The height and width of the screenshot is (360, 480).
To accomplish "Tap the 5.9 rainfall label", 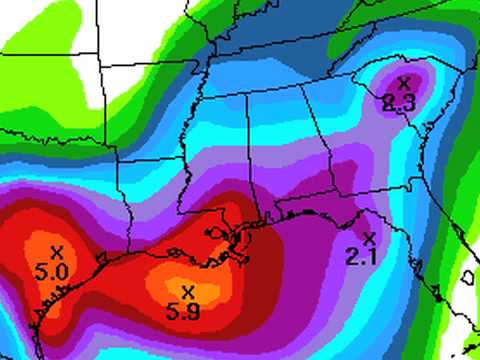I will point(187,310).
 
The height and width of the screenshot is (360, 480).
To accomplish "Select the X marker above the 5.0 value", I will point(56,251).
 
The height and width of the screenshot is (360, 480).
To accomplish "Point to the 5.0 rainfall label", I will point(54,271).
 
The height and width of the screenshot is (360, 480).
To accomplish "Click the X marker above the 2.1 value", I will point(369,238).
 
